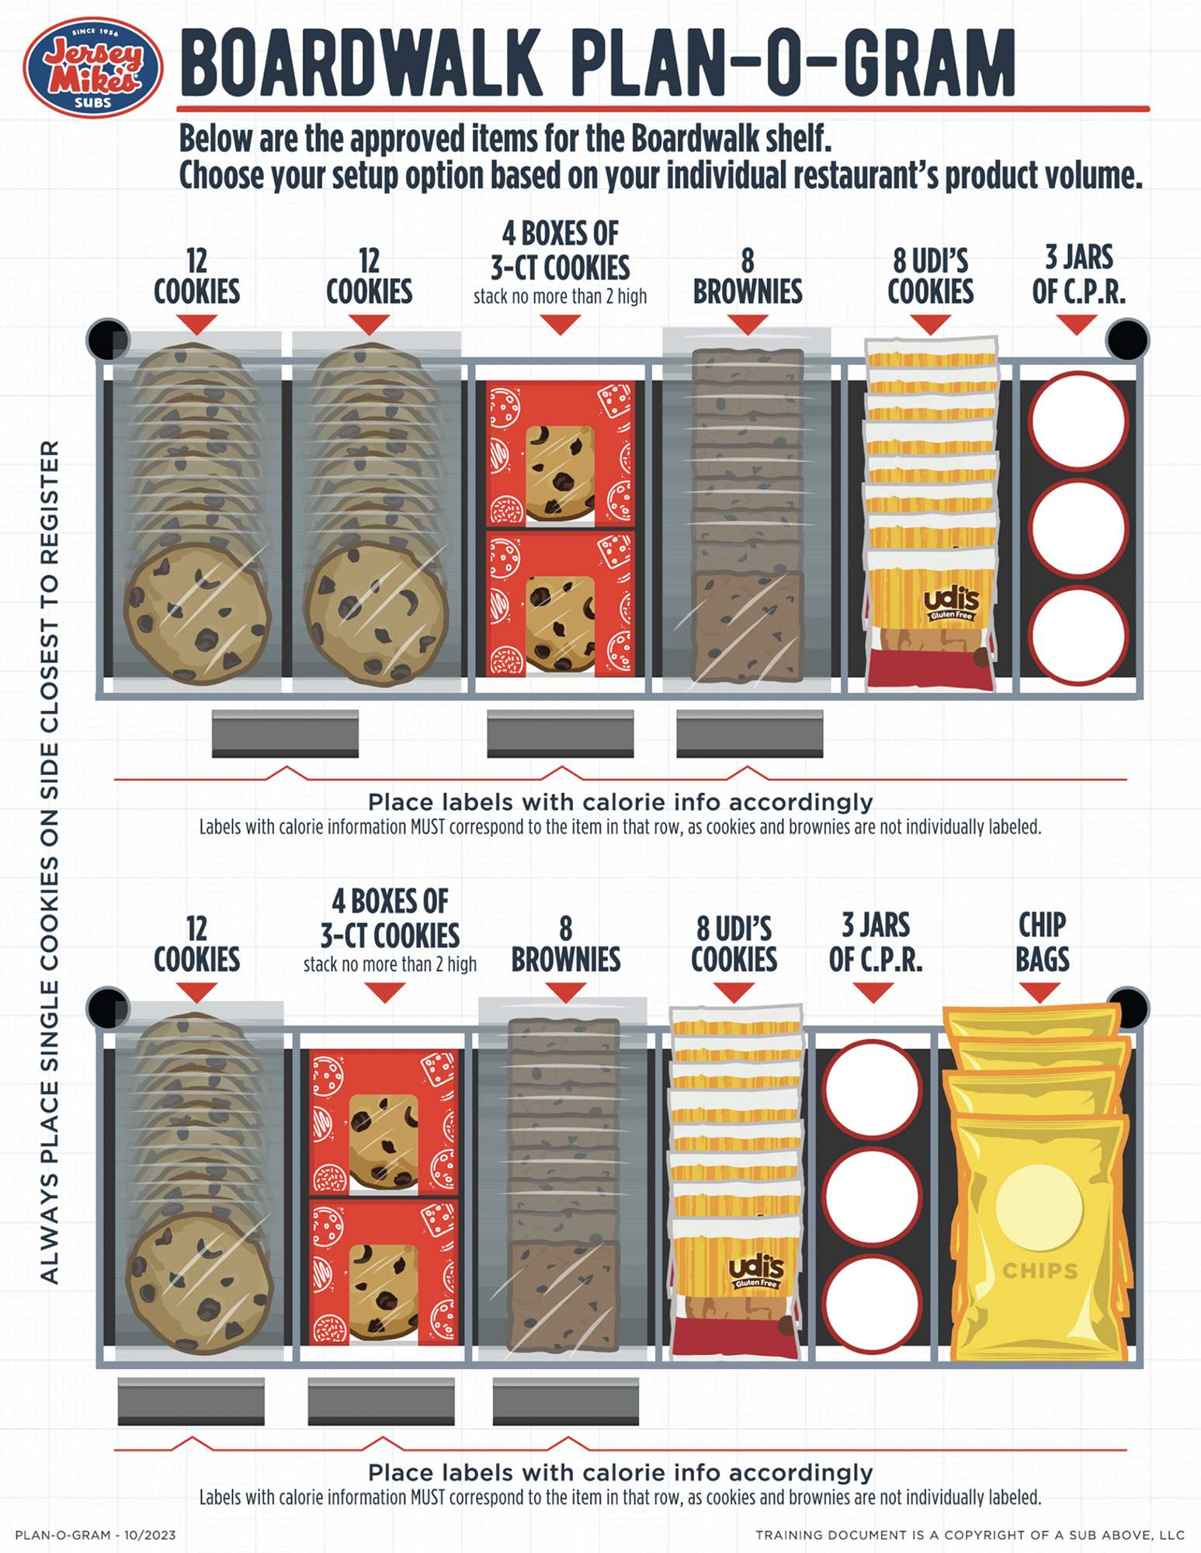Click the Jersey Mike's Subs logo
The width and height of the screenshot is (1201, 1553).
pyautogui.click(x=93, y=68)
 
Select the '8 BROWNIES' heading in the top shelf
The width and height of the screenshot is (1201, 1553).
pyautogui.click(x=748, y=276)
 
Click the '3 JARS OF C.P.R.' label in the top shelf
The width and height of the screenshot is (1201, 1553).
pyautogui.click(x=1078, y=273)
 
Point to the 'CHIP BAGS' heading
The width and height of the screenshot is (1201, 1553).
pyautogui.click(x=1042, y=942)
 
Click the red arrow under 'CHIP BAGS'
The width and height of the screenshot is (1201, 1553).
pyautogui.click(x=1040, y=992)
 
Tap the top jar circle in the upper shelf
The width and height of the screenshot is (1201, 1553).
pyautogui.click(x=1078, y=421)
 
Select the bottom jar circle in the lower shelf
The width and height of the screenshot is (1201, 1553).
pyautogui.click(x=872, y=1304)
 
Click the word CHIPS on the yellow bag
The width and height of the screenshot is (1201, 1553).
pyautogui.click(x=1040, y=1271)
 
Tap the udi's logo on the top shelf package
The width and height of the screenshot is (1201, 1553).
pyautogui.click(x=952, y=603)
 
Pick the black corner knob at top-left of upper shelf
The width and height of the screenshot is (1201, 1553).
pyautogui.click(x=109, y=339)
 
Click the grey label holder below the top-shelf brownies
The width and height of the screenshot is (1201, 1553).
pyautogui.click(x=749, y=733)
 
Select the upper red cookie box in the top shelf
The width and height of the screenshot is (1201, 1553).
pyautogui.click(x=560, y=453)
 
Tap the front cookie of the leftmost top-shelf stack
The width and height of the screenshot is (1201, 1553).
pyautogui.click(x=198, y=613)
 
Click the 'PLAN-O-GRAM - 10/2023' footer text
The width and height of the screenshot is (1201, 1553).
pyautogui.click(x=95, y=1534)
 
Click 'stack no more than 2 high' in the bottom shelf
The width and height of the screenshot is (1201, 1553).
pyautogui.click(x=390, y=964)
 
